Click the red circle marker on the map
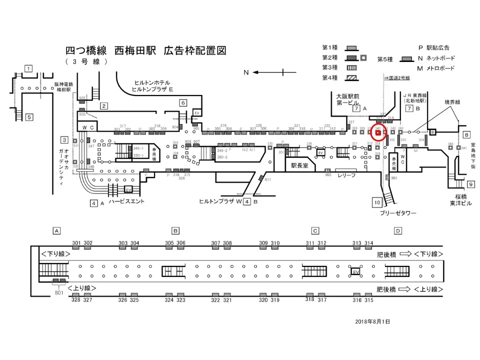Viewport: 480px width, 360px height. (x=378, y=131)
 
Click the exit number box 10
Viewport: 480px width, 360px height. (x=377, y=202)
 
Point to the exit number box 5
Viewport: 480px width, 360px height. (x=29, y=117)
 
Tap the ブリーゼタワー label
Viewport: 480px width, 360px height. (x=397, y=213)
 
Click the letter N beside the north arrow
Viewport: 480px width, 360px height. (x=246, y=72)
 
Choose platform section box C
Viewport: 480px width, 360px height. (x=315, y=230)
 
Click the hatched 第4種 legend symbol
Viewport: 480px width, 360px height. (x=352, y=77)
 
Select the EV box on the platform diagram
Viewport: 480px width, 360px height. (x=355, y=271)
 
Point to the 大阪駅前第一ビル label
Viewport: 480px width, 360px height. (x=348, y=99)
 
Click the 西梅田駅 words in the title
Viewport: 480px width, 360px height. (x=135, y=51)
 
